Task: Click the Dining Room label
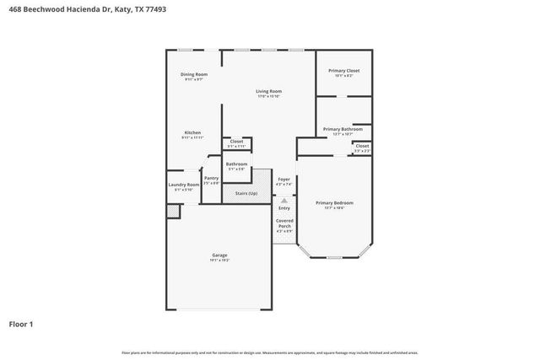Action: coord(194,74)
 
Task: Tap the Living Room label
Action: coord(269,91)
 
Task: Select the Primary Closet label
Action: coord(343,71)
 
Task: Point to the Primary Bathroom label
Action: coord(343,129)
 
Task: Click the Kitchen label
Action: coord(193,132)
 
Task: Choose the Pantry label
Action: coord(211,178)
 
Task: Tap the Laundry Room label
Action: coord(183,185)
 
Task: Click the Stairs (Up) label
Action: coord(246,193)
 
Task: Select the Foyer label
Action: coord(284,179)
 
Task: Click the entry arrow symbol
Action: coord(284,201)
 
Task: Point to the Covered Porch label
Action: coord(284,223)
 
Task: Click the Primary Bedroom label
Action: coord(334,202)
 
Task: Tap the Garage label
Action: coord(219,255)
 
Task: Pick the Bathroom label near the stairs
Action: coord(236,164)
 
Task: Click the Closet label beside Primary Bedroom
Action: coord(361,146)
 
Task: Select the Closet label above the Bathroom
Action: coord(236,142)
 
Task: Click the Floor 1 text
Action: coord(21,323)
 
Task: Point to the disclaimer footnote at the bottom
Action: coord(269,352)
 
